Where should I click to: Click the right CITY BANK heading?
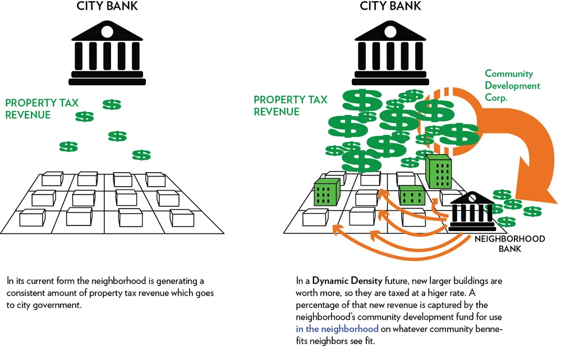[x=390, y=7]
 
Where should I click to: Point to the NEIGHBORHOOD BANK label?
[x=510, y=243]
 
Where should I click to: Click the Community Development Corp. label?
[x=512, y=86]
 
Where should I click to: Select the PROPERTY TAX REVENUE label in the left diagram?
[x=42, y=109]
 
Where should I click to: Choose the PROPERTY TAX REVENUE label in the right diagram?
[x=290, y=105]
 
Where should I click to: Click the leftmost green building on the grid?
[x=328, y=192]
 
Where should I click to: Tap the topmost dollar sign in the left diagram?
[x=112, y=104]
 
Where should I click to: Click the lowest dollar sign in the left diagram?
[x=141, y=155]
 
